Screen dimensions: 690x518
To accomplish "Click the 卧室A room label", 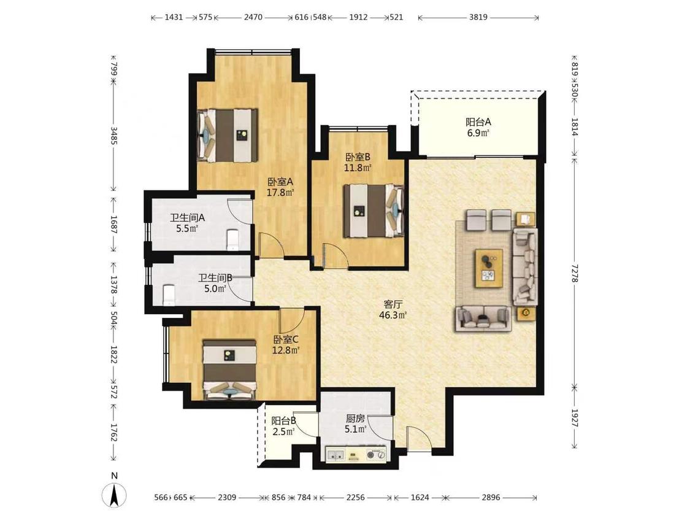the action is tap(280, 182).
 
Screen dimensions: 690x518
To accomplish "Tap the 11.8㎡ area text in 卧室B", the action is tap(358, 168).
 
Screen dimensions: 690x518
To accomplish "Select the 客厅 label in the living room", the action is tap(393, 304).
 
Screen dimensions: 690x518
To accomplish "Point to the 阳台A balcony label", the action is tap(478, 122).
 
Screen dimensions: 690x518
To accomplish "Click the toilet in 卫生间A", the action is tap(232, 239).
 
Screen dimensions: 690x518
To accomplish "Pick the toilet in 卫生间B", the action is tap(169, 295).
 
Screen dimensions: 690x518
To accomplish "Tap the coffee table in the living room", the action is tap(488, 268).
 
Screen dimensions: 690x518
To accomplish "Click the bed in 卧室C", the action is tap(229, 369).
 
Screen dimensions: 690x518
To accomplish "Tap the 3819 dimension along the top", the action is tap(478, 18).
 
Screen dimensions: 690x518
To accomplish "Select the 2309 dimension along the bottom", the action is tap(227, 497).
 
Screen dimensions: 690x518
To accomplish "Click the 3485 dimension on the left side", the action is tap(113, 136).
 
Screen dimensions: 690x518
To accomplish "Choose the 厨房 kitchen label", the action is tap(355, 419).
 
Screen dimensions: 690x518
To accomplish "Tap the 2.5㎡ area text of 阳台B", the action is tap(283, 431).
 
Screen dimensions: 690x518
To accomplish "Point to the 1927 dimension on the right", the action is tap(574, 418).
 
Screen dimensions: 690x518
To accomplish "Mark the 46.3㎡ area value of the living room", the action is tap(393, 315).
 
